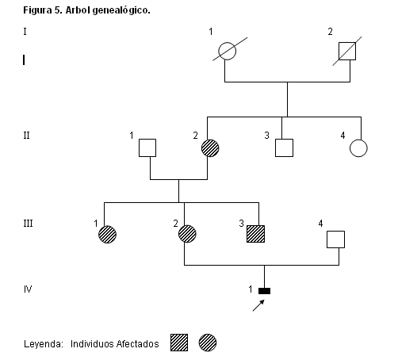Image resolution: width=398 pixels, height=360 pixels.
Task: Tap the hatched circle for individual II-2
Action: tap(210, 148)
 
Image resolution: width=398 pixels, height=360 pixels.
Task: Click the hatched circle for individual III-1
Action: tap(107, 234)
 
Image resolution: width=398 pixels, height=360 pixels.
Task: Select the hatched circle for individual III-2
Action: tap(187, 234)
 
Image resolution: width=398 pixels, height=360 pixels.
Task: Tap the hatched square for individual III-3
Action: tap(255, 234)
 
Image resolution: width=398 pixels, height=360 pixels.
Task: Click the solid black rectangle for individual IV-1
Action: tap(264, 291)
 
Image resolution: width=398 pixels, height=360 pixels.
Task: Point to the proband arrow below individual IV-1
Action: tap(258, 305)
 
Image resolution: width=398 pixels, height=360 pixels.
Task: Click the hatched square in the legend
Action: tap(179, 343)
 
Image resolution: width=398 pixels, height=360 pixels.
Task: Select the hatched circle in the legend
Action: tap(208, 343)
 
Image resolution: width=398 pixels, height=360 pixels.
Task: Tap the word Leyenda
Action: tap(44, 344)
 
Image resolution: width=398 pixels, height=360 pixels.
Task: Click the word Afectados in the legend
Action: tap(137, 344)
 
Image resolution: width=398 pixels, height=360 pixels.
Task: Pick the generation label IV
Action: tap(28, 289)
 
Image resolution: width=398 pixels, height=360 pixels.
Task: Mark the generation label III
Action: tap(28, 224)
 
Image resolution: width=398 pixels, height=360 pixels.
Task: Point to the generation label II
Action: tap(26, 136)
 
